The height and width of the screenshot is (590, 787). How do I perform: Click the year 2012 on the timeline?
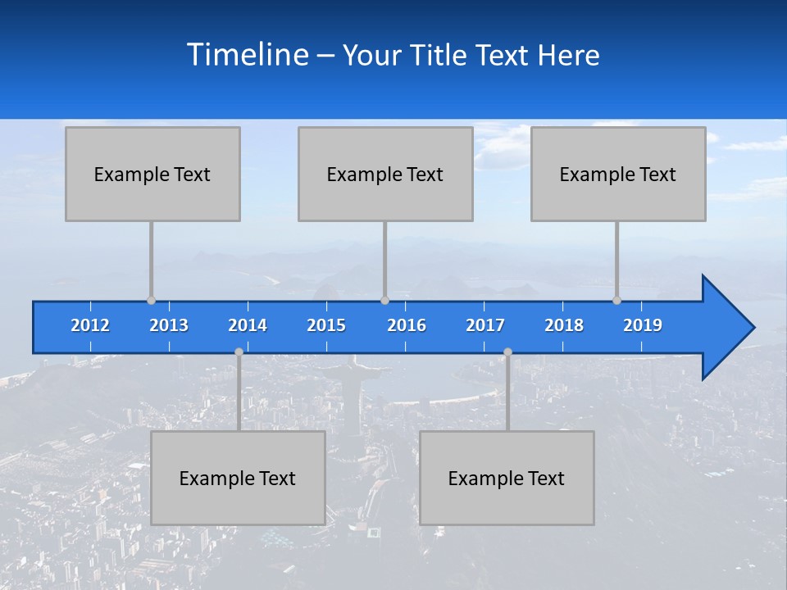point(90,325)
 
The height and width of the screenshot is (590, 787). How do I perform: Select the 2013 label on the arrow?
point(169,325)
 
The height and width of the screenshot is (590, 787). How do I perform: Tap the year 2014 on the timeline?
point(248,325)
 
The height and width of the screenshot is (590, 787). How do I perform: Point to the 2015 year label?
point(326,325)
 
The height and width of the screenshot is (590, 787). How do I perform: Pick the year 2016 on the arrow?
point(407,325)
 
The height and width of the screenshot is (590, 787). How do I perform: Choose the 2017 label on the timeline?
point(485,325)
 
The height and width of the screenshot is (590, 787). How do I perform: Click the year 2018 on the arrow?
point(564,325)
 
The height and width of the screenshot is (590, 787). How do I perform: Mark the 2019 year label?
point(643,325)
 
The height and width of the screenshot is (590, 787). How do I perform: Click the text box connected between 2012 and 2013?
point(152,174)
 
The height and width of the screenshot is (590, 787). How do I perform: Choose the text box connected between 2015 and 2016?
point(385,174)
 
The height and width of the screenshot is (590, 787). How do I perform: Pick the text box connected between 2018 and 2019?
point(618,174)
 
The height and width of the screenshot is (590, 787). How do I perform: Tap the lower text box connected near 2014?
point(238,478)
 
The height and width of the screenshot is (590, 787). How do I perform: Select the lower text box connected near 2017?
point(507,478)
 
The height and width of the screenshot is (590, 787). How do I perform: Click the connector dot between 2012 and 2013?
point(151,300)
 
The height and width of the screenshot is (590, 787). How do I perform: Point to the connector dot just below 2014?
point(239,352)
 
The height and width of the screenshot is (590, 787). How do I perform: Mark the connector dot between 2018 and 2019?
point(616,300)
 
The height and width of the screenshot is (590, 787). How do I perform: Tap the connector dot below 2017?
point(507,352)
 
